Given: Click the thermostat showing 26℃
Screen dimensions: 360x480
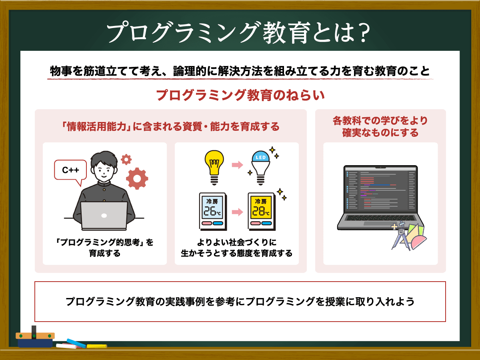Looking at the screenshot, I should tap(212, 211).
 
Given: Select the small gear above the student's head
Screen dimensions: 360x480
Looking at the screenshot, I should tap(126, 160).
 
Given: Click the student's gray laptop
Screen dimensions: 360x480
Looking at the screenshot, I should tap(104, 215).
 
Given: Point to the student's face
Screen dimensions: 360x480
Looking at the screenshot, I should tap(104, 170).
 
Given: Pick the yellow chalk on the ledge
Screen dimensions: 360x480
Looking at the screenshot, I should tap(96, 346).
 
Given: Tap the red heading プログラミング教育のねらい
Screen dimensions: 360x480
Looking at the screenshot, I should tap(240, 96).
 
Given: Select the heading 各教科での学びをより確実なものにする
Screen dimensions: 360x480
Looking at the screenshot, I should tap(380, 126).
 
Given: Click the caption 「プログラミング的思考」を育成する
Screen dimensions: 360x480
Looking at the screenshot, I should tap(104, 248).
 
